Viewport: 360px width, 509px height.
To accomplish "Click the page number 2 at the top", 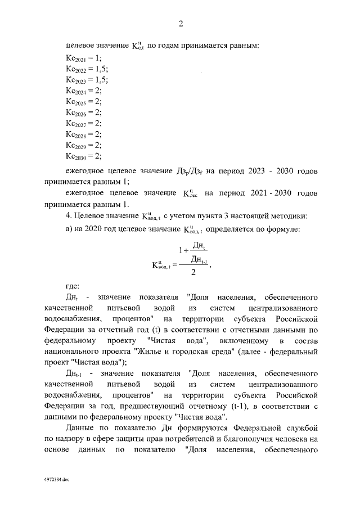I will pyautogui.click(x=181, y=24).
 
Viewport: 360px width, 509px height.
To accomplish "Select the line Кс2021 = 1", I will pyautogui.click(x=84, y=58).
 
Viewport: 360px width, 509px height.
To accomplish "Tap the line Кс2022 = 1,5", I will pyautogui.click(x=87, y=69).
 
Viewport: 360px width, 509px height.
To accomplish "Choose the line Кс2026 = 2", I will pyautogui.click(x=84, y=112).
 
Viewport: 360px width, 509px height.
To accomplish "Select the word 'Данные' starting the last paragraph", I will pyautogui.click(x=80, y=427).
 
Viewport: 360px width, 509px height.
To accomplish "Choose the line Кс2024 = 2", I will pyautogui.click(x=84, y=91).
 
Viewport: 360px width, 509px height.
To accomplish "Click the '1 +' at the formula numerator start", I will pyautogui.click(x=181, y=247).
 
